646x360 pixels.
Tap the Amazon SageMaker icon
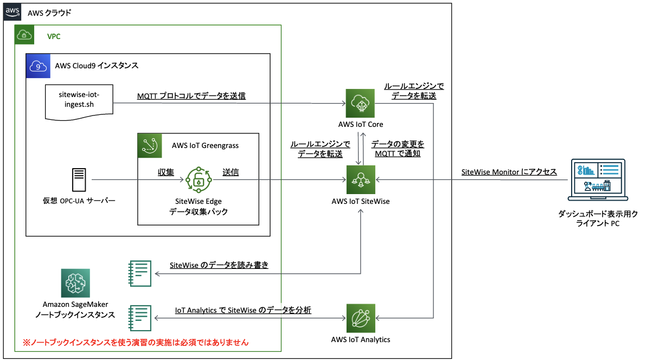point(75,282)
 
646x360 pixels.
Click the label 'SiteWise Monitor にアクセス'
point(509,172)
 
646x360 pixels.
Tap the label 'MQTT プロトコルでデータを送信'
point(191,96)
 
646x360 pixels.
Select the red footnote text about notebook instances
point(135,342)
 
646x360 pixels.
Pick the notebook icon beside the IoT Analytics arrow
point(139,318)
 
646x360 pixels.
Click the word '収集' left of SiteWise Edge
point(166,172)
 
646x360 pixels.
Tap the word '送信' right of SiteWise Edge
point(231,172)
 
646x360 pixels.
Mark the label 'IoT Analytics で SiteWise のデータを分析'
point(243,310)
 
